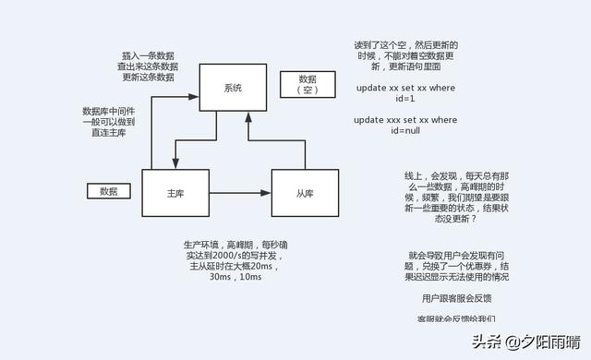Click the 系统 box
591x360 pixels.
233,88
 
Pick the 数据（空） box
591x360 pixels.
308,85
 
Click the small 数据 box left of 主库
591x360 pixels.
109,191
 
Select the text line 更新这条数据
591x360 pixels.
148,78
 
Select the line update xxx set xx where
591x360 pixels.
406,119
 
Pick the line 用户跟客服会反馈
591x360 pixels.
457,298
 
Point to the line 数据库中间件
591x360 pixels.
109,111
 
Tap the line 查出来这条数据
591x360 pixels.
148,66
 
